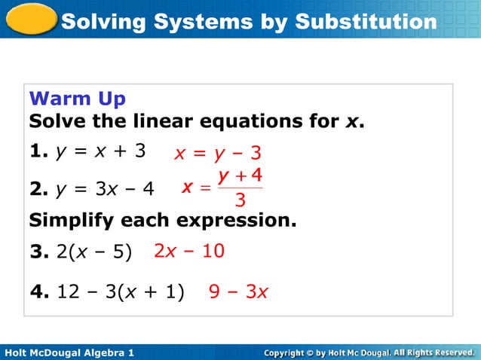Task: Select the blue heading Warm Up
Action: pyautogui.click(x=77, y=99)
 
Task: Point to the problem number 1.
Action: pyautogui.click(x=35, y=151)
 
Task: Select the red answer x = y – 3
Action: pyautogui.click(x=218, y=154)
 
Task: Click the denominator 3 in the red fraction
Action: pyautogui.click(x=240, y=200)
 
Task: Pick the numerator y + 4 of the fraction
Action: pyautogui.click(x=240, y=177)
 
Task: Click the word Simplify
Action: pyautogui.click(x=68, y=222)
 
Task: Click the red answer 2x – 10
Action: pyautogui.click(x=188, y=251)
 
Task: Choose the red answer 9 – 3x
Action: pyautogui.click(x=238, y=291)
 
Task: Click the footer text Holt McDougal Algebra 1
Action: pyautogui.click(x=69, y=352)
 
